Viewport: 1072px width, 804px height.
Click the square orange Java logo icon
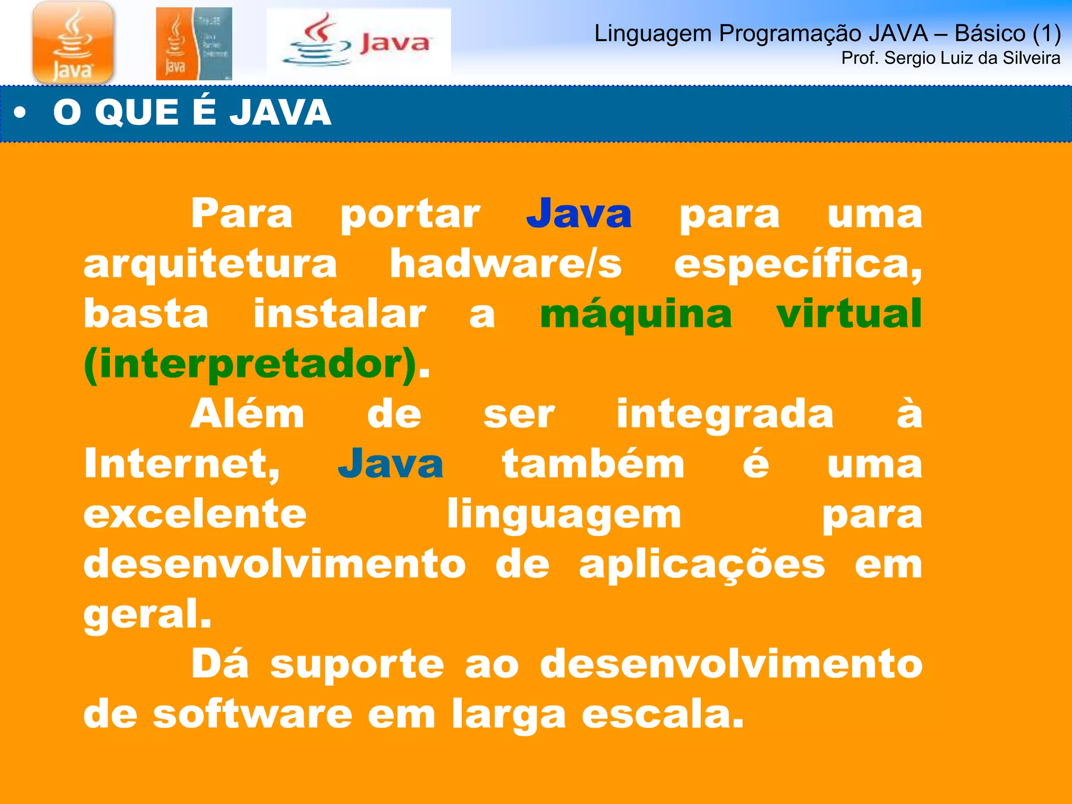73,42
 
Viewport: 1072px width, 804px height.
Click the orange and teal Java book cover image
194,44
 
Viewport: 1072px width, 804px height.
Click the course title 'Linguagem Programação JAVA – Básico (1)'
827,33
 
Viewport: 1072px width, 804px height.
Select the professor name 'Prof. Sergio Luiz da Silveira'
951,58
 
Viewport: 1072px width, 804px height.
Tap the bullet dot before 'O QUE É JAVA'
20,113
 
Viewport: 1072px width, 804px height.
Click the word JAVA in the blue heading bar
280,113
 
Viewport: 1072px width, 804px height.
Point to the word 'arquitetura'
210,264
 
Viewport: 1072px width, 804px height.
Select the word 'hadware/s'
506,264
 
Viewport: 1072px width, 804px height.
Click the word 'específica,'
798,265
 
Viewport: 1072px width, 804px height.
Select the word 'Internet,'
182,464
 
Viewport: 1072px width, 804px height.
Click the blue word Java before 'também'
390,464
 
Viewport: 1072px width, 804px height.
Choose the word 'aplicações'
702,566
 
